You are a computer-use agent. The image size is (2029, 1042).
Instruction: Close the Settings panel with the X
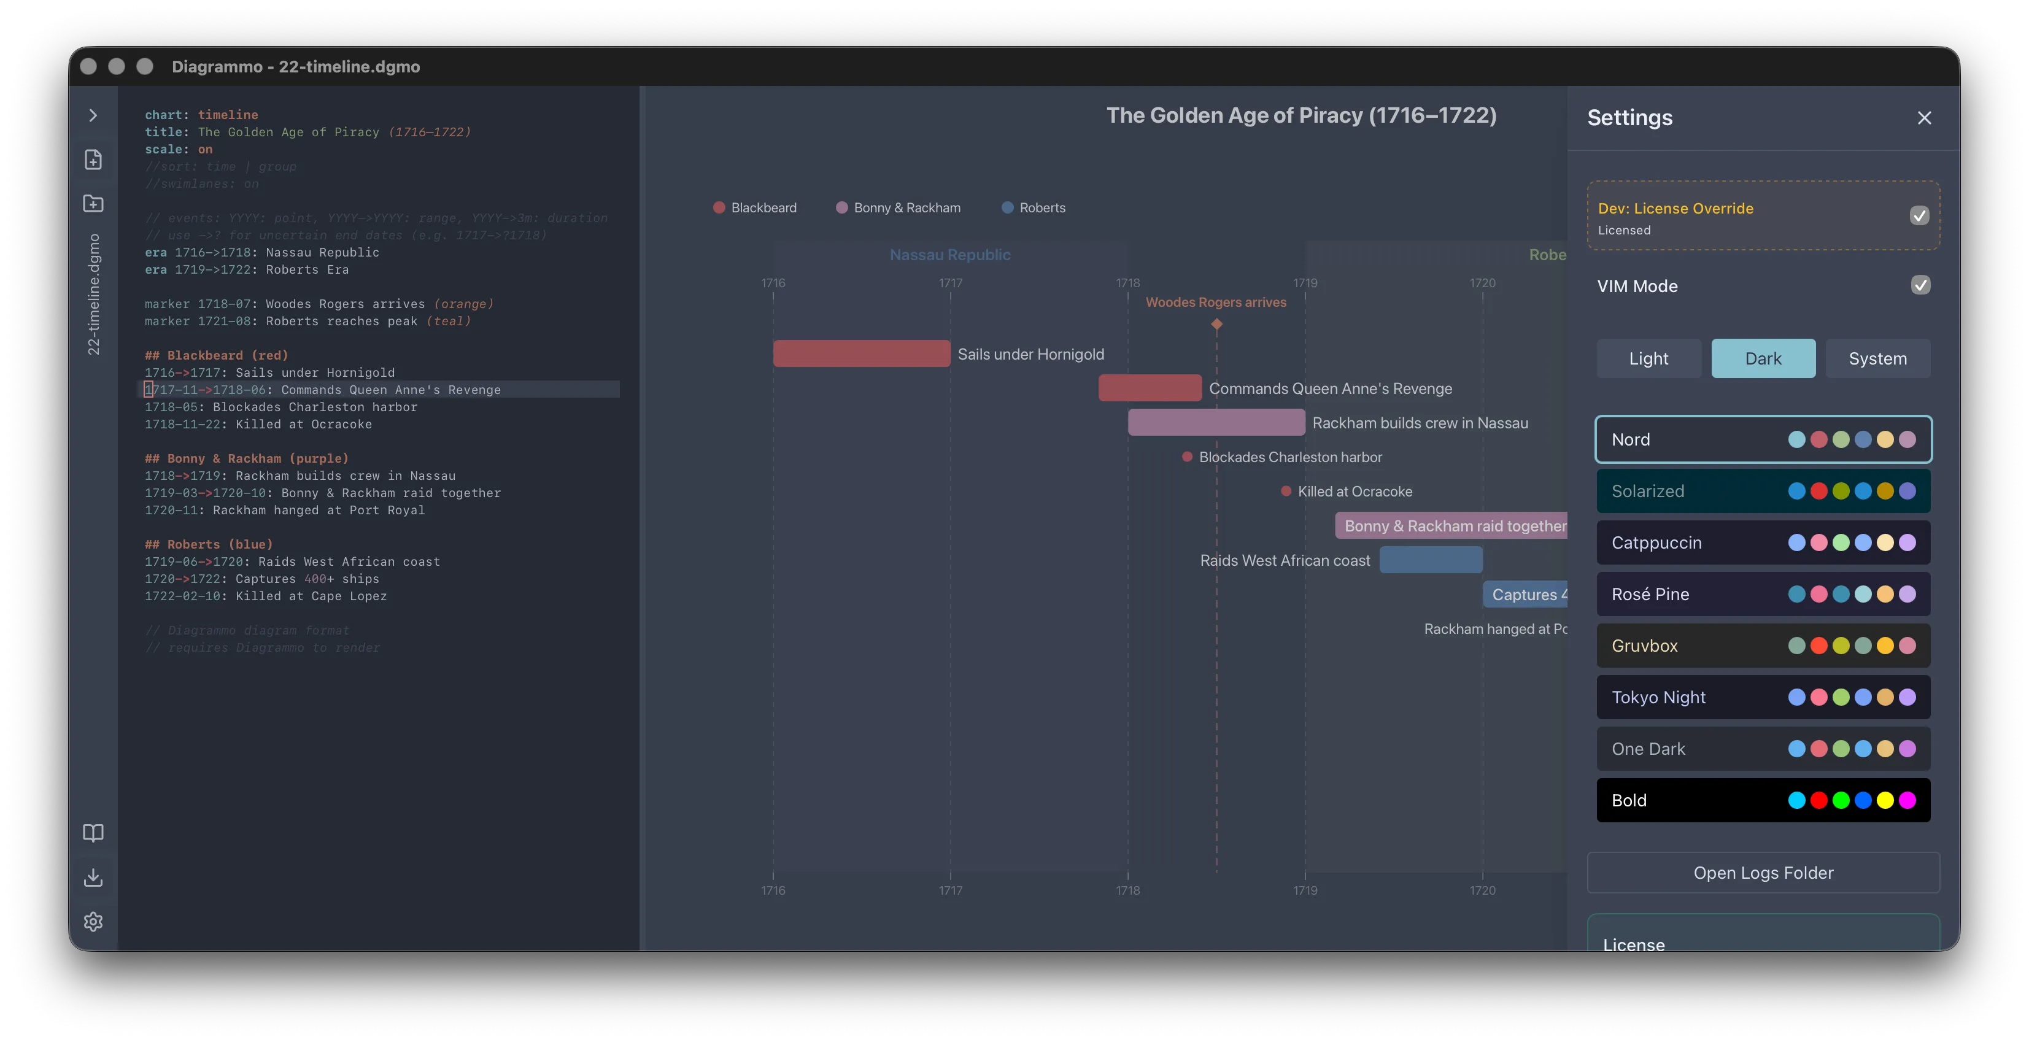click(x=1924, y=118)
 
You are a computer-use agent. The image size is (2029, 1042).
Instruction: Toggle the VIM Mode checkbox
click(x=1920, y=285)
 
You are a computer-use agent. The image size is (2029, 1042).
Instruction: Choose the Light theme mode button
click(x=1648, y=359)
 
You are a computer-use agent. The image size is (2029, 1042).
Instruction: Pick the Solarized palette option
click(x=1763, y=492)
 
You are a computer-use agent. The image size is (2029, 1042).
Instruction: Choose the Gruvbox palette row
click(x=1763, y=646)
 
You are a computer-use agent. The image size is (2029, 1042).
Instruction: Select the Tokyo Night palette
click(x=1763, y=698)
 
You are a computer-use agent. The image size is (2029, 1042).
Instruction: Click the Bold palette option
click(x=1763, y=800)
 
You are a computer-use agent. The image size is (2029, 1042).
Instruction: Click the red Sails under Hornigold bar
click(x=862, y=353)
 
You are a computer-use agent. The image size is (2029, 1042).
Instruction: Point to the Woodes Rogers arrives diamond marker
click(x=1216, y=323)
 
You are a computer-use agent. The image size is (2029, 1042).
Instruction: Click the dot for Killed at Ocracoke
click(x=1285, y=492)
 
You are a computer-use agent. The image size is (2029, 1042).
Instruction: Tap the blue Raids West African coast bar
click(x=1431, y=560)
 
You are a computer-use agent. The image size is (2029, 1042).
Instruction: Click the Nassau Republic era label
click(x=950, y=255)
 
